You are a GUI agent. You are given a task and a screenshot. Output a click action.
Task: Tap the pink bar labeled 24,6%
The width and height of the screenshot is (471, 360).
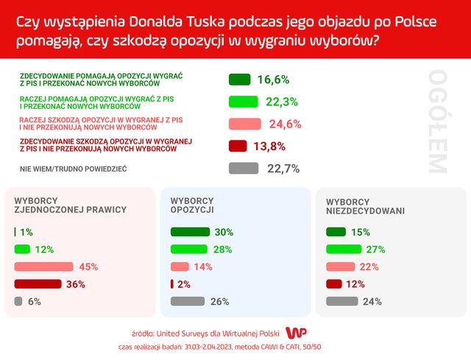point(245,124)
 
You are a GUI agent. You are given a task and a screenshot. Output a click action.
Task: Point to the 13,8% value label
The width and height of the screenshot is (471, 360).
point(269,147)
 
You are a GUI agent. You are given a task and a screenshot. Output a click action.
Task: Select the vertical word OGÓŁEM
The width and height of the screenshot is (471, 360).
point(436,121)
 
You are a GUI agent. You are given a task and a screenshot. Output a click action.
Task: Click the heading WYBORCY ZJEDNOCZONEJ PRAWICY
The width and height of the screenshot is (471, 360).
point(71,205)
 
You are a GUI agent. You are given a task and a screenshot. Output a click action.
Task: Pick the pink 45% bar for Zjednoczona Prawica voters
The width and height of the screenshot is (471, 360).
point(43,267)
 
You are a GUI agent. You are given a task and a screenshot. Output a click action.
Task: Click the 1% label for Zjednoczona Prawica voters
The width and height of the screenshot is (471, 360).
point(26,233)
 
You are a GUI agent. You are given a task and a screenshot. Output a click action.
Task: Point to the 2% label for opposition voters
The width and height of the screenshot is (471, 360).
point(183,284)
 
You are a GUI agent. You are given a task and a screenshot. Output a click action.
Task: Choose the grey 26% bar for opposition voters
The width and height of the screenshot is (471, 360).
point(187,301)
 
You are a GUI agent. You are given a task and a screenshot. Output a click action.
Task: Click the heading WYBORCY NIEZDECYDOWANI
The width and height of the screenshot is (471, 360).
point(365,205)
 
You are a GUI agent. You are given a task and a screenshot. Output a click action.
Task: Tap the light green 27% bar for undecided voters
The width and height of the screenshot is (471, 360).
point(343,250)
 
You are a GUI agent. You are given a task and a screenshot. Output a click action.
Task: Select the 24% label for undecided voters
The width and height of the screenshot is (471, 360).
point(372,301)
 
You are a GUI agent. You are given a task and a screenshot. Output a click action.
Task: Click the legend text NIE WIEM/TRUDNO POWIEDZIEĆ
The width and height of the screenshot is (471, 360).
point(74,169)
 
